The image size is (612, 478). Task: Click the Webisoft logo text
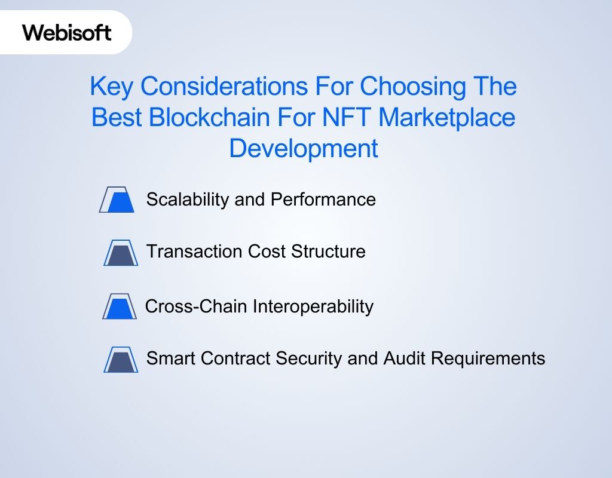tap(67, 32)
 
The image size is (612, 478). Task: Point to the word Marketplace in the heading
tap(446, 118)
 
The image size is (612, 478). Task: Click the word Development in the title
tap(304, 148)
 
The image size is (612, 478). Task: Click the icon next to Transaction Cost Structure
tap(120, 252)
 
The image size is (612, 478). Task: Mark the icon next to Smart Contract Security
tap(121, 359)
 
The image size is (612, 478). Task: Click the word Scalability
tap(188, 200)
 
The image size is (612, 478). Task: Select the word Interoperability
tap(313, 307)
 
